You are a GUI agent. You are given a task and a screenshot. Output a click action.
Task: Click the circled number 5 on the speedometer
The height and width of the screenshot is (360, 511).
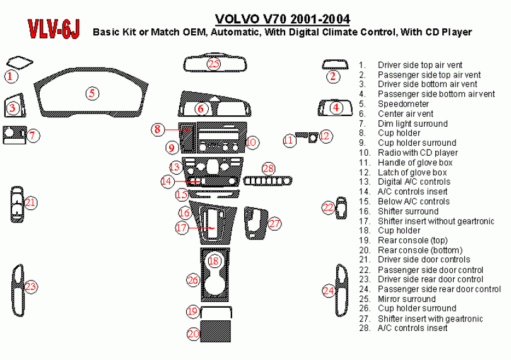click(x=92, y=93)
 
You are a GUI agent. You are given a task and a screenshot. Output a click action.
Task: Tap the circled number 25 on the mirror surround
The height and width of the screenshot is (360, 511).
click(x=214, y=64)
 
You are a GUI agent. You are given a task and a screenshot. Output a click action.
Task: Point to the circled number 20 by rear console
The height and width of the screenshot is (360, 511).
click(x=193, y=334)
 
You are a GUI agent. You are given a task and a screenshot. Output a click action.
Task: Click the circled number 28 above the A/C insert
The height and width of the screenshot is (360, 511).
click(x=269, y=168)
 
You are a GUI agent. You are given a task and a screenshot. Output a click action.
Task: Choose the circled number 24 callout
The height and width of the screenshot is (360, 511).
click(x=328, y=291)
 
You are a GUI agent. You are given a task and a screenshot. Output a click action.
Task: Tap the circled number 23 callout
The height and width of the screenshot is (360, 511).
click(x=30, y=287)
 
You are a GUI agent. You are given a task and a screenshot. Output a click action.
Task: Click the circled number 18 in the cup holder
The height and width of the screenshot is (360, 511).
click(x=214, y=260)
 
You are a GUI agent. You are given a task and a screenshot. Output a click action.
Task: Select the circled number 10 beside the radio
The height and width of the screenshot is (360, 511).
click(x=251, y=142)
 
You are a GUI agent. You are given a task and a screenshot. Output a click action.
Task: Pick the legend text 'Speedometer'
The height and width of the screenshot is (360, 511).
click(x=403, y=104)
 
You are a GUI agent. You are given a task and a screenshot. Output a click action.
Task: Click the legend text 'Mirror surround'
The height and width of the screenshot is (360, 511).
click(x=406, y=299)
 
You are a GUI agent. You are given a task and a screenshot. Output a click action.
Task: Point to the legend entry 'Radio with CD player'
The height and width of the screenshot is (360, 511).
click(x=418, y=153)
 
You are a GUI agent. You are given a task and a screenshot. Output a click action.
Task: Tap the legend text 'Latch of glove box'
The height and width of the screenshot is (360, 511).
click(x=412, y=172)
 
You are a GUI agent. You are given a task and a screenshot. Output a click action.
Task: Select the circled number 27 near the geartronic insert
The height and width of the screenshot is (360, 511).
click(x=274, y=223)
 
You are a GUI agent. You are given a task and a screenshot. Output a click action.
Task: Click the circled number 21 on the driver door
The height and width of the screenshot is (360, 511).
click(x=30, y=202)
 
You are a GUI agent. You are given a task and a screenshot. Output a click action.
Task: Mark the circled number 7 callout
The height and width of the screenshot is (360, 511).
click(x=34, y=135)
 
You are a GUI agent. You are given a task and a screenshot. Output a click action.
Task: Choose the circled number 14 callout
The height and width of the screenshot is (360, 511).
click(x=167, y=181)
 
